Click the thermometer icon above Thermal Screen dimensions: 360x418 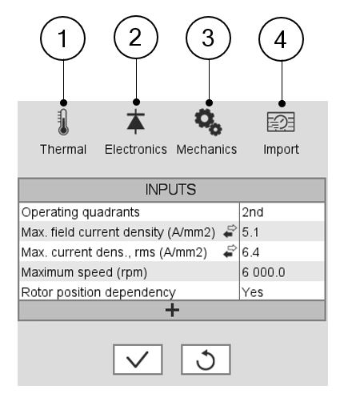pyautogui.click(x=63, y=122)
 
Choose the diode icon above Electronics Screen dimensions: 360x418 pyautogui.click(x=136, y=122)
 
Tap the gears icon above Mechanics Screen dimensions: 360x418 pyautogui.click(x=208, y=122)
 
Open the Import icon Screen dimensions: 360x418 pyautogui.click(x=281, y=122)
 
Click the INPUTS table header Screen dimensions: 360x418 pyautogui.click(x=172, y=190)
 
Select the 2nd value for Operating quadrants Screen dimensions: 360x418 pyautogui.click(x=253, y=212)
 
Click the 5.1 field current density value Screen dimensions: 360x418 pyautogui.click(x=250, y=232)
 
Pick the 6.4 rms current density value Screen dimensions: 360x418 pyautogui.click(x=250, y=252)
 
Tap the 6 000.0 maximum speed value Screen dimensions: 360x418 pyautogui.click(x=263, y=272)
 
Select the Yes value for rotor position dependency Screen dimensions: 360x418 pyautogui.click(x=252, y=292)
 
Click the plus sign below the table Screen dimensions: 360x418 pyautogui.click(x=172, y=310)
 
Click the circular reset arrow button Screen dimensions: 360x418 pyautogui.click(x=206, y=360)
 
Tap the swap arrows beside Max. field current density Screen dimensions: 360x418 pyautogui.click(x=230, y=231)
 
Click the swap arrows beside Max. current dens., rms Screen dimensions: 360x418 pyautogui.click(x=230, y=251)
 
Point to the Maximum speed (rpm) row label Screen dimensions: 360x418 pyautogui.click(x=84, y=272)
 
